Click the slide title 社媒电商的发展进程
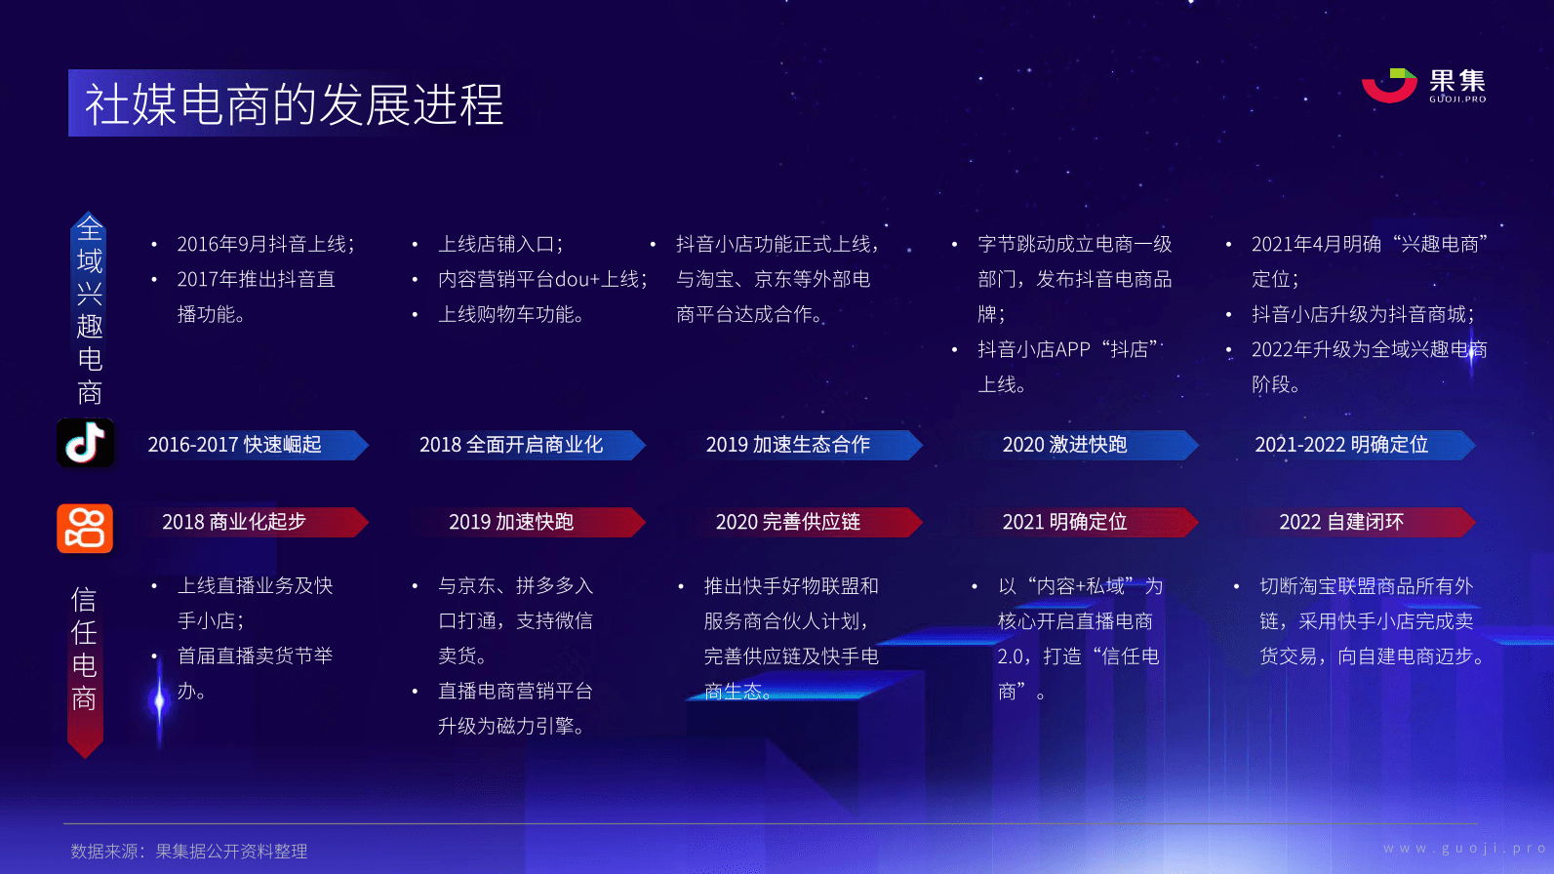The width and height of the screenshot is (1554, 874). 295,104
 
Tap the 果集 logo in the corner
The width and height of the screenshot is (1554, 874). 1423,86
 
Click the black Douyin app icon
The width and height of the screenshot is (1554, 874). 85,443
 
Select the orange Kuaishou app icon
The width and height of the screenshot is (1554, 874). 85,529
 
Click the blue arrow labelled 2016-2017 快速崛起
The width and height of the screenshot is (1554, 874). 250,445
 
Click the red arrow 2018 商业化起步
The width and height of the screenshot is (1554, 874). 250,522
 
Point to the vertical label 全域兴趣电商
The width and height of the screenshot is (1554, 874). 90,310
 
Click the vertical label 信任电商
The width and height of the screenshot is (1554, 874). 84,650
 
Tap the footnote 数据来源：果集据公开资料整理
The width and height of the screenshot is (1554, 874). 188,852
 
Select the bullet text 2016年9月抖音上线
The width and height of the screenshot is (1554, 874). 265,244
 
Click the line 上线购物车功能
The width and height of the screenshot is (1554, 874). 510,314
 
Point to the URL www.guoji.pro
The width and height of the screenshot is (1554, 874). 1464,849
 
